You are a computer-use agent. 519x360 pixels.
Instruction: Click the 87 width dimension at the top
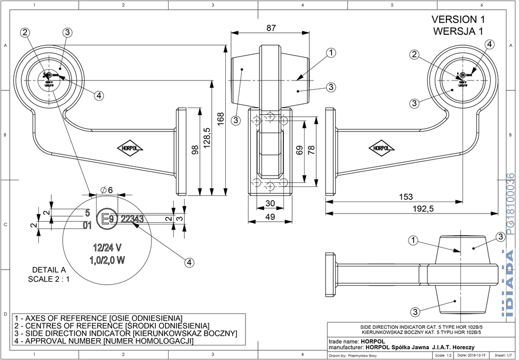[271, 29]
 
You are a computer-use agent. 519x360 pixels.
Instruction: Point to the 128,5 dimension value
[207, 138]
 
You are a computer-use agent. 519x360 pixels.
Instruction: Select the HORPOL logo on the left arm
[130, 148]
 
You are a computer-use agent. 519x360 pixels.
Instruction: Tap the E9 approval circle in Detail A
[108, 219]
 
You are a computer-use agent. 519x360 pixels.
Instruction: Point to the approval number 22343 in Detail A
[132, 219]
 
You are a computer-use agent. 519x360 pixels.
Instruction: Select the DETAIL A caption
[49, 270]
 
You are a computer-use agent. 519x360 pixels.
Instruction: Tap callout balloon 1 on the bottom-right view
[413, 240]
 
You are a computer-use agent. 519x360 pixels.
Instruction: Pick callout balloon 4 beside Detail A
[189, 263]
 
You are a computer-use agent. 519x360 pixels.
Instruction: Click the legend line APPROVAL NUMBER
[104, 341]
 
